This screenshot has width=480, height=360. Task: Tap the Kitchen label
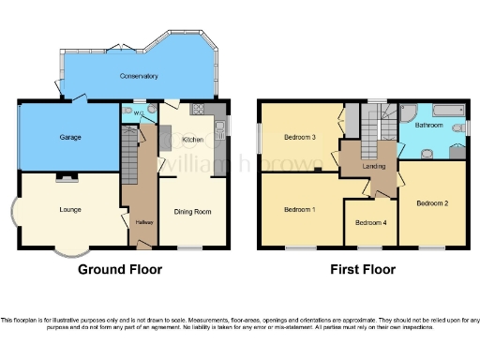pyautogui.click(x=192, y=140)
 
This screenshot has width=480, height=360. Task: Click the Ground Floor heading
pyautogui.click(x=119, y=270)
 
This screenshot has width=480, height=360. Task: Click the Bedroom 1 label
pyautogui.click(x=299, y=210)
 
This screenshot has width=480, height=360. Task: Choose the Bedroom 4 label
pyautogui.click(x=370, y=222)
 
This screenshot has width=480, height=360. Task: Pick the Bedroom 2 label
pyautogui.click(x=432, y=203)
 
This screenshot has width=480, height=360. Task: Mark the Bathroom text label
pyautogui.click(x=429, y=125)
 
